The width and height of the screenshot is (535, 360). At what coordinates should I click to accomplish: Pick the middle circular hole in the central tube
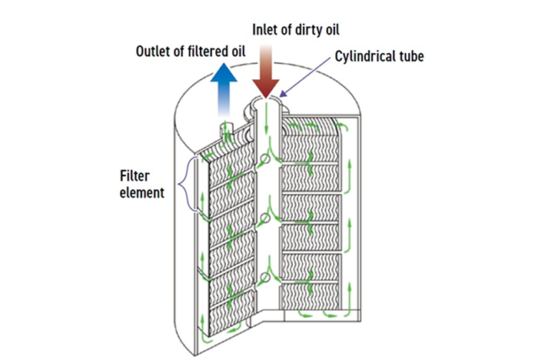coord(264,218)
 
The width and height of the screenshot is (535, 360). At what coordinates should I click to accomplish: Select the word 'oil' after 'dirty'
coord(331,30)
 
